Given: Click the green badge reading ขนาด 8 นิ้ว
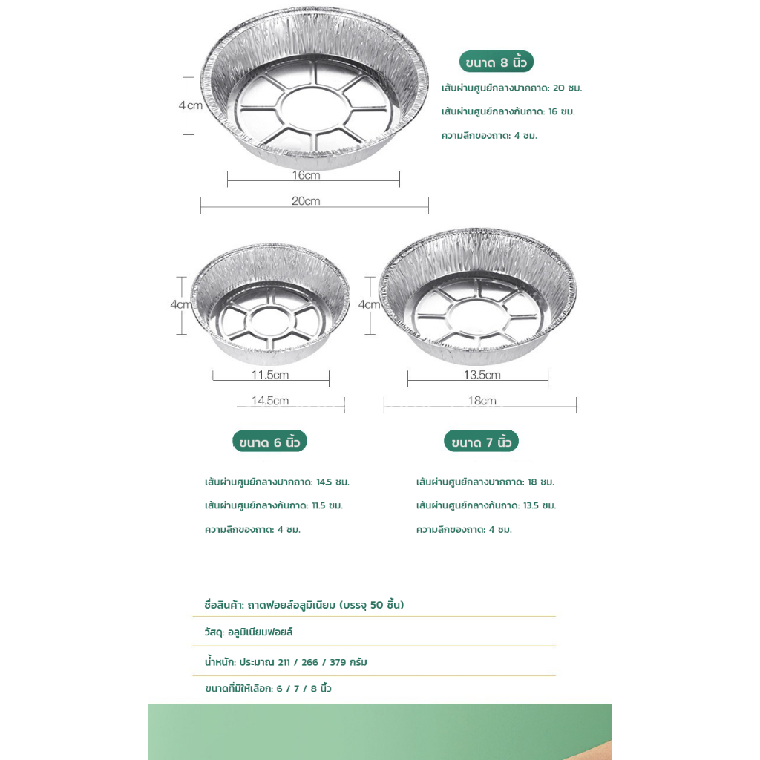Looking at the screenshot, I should (x=497, y=62).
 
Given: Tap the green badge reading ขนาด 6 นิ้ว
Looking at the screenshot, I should (x=269, y=442).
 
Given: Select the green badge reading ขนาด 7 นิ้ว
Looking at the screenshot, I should (x=481, y=442).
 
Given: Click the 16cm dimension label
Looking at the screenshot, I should (x=306, y=176).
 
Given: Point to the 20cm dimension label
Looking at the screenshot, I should (x=306, y=201).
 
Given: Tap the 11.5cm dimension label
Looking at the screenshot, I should (x=270, y=375).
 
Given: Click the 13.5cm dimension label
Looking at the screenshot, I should (x=482, y=375).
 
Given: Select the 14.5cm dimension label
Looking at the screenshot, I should (x=270, y=401).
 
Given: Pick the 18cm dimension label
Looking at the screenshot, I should (x=482, y=401).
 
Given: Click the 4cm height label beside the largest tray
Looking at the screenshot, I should (x=191, y=105).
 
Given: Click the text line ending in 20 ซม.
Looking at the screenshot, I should (x=511, y=88).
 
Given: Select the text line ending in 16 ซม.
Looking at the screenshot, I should (x=508, y=111).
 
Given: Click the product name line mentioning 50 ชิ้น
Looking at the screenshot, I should (x=304, y=605).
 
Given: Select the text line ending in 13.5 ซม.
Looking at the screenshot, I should (x=486, y=505).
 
